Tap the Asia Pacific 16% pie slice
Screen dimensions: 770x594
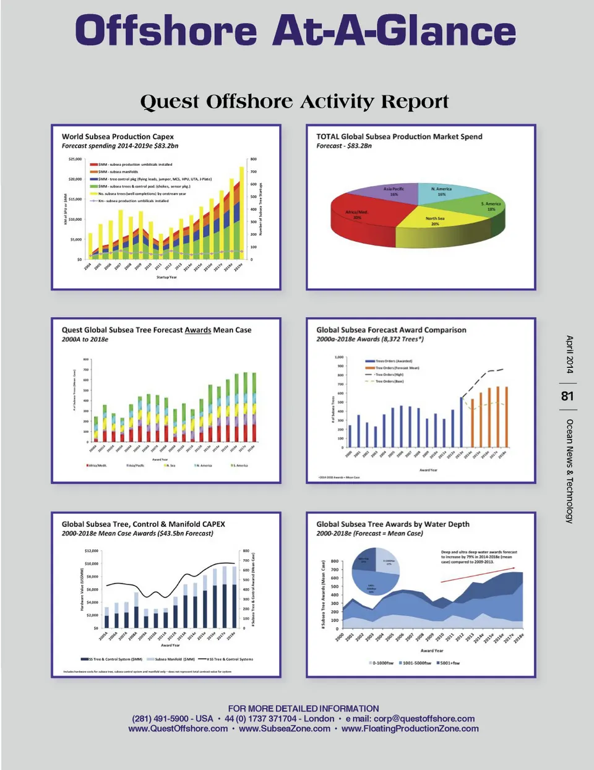point(394,191)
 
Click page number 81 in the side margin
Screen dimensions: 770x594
point(567,396)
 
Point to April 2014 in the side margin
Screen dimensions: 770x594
point(569,354)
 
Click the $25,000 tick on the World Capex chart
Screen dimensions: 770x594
point(75,159)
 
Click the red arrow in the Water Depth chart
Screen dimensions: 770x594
point(477,573)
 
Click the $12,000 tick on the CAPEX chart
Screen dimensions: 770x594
point(91,550)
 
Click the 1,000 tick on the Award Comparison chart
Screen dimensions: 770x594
point(339,357)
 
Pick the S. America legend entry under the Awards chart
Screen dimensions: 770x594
point(239,465)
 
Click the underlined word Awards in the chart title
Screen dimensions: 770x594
point(198,330)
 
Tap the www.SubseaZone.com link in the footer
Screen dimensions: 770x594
point(285,729)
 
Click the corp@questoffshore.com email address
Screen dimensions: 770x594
point(424,719)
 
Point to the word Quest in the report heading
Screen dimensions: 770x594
point(170,101)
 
